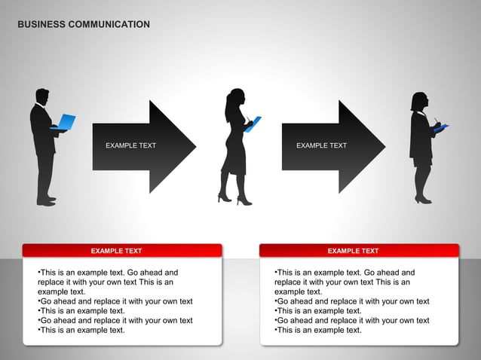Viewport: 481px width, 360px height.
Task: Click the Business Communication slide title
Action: click(x=84, y=25)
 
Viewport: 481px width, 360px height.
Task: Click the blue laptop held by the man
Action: click(x=66, y=122)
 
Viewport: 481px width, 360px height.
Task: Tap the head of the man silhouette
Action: click(x=42, y=96)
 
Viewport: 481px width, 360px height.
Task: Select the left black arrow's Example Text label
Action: click(x=130, y=145)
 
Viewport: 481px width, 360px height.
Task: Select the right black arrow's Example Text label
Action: click(x=321, y=145)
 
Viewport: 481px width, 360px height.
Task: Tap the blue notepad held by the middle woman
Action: click(x=253, y=124)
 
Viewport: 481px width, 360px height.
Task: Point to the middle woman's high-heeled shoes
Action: click(x=234, y=200)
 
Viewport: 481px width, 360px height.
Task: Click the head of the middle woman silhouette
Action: click(x=235, y=98)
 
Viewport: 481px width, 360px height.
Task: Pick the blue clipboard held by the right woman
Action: click(x=441, y=128)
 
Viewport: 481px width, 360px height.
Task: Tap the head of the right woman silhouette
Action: click(x=419, y=101)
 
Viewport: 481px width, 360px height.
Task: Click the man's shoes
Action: click(x=46, y=201)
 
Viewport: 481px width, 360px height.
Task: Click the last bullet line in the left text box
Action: click(x=81, y=330)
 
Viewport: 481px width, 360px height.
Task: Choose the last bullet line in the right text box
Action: click(x=318, y=330)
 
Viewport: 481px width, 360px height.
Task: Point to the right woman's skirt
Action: click(x=422, y=160)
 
